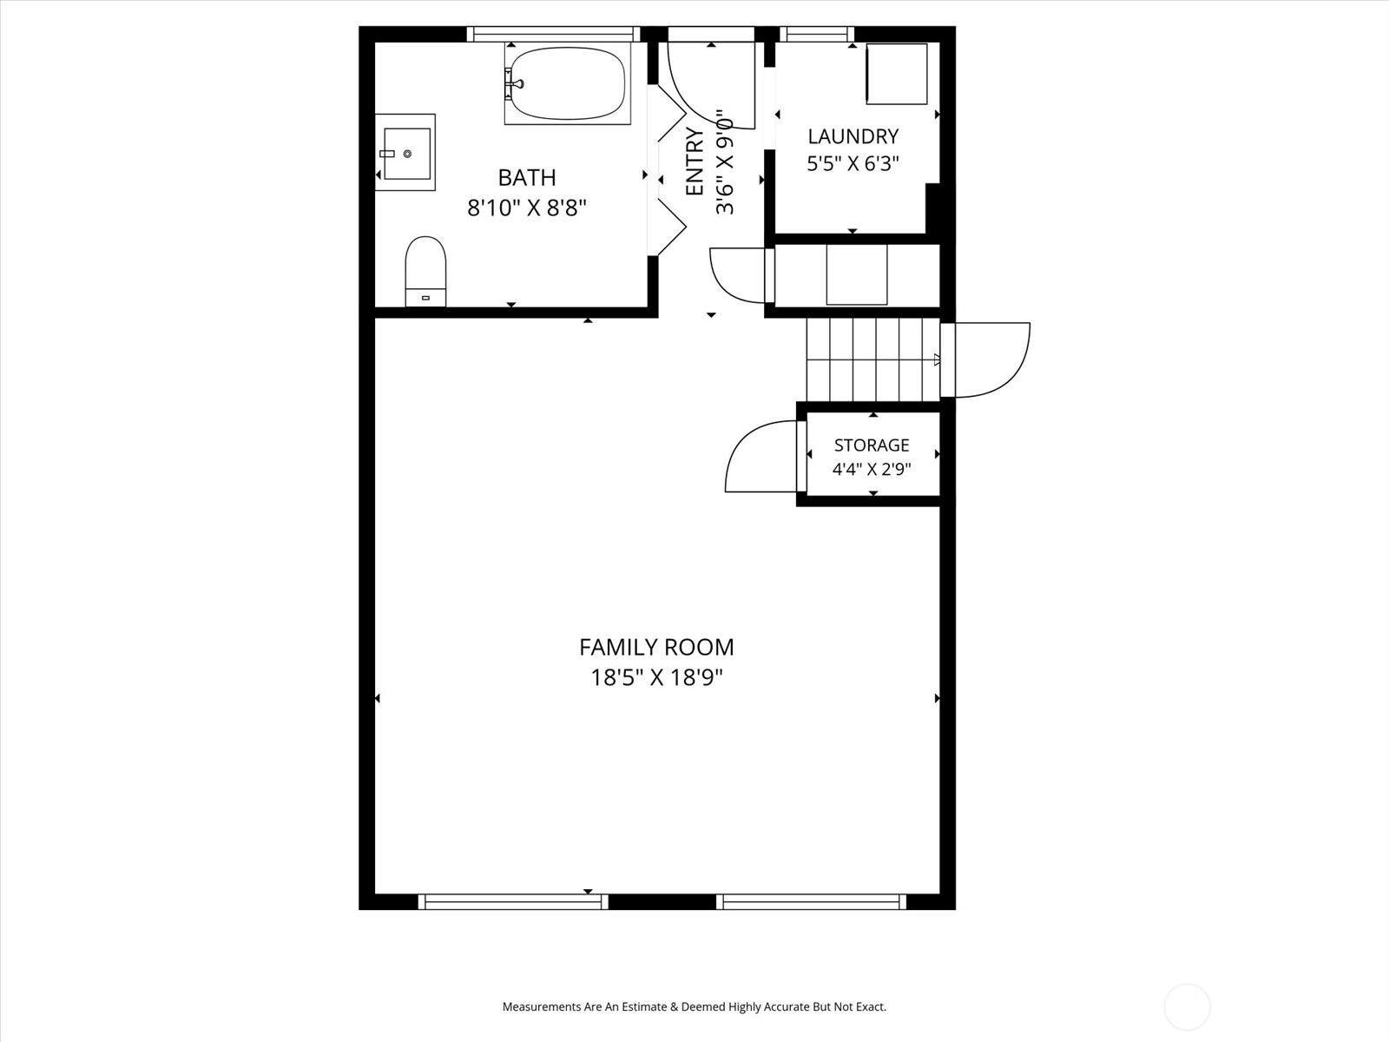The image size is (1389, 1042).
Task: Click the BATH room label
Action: (x=526, y=178)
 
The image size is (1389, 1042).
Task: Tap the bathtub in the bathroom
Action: (x=568, y=83)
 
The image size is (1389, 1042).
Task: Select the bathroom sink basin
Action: (x=407, y=153)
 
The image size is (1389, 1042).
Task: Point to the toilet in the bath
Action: (x=425, y=272)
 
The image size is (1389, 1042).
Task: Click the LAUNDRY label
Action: (x=853, y=136)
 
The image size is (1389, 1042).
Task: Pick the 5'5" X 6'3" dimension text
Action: (x=852, y=164)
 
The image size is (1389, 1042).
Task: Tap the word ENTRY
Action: (x=694, y=162)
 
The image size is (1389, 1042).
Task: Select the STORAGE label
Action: (x=872, y=445)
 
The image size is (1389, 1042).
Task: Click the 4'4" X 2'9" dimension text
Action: (x=872, y=470)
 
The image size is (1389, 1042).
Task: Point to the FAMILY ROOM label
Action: (x=656, y=647)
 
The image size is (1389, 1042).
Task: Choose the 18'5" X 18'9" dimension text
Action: (x=656, y=678)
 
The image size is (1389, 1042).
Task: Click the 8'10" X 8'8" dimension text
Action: (x=526, y=208)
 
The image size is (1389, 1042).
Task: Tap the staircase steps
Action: (x=872, y=359)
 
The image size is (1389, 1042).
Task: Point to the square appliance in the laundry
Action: (x=896, y=74)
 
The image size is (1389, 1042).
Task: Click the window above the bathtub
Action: (x=554, y=34)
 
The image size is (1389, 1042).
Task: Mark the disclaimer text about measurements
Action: (x=694, y=1006)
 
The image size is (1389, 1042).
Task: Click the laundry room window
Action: (x=817, y=34)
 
